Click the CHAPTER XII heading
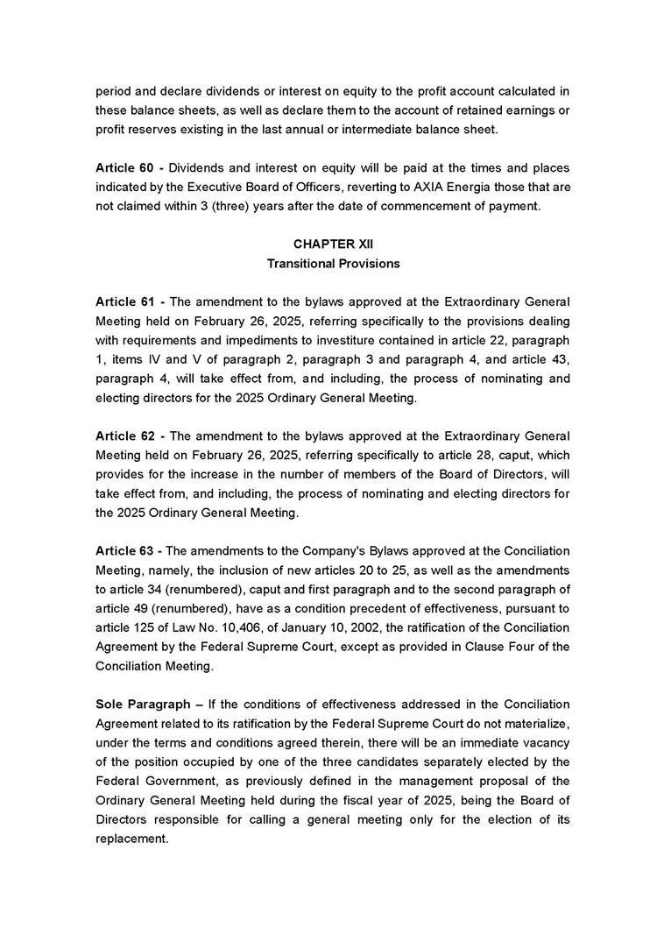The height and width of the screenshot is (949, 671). (333, 244)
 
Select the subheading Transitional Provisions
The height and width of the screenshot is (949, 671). (333, 263)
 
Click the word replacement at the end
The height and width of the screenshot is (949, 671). (131, 839)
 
